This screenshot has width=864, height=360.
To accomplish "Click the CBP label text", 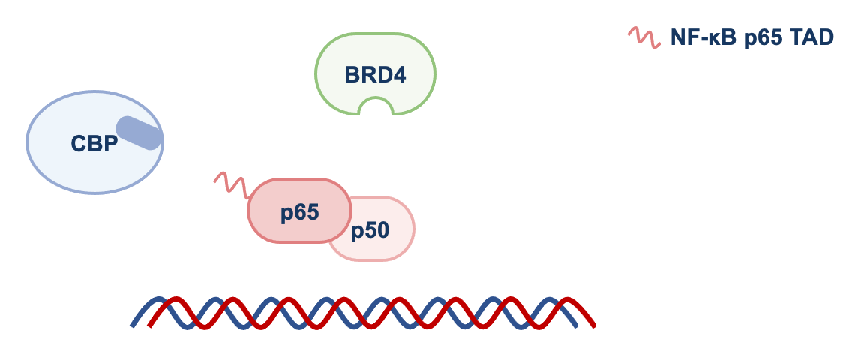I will point(94,143).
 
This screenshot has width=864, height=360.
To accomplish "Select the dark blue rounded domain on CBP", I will point(138,133).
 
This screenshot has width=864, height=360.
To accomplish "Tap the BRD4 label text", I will point(375,75).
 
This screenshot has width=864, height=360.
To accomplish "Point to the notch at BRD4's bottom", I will point(375,109).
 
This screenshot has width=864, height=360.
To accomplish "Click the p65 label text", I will point(300,212).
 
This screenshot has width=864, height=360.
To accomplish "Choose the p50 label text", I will point(370,230).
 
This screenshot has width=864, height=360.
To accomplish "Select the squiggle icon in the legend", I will point(643,36).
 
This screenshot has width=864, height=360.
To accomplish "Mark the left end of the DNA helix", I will point(133,324).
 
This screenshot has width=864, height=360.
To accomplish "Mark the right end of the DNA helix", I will point(592,325).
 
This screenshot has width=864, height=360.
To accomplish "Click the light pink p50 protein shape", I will point(390,244).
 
